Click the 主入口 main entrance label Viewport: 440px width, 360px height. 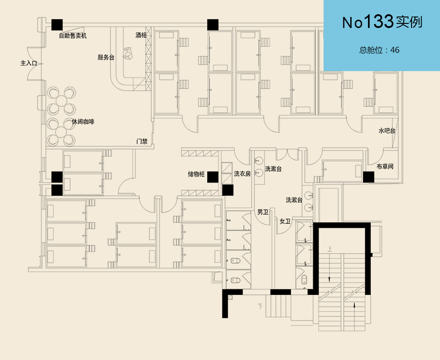pyautogui.click(x=28, y=63)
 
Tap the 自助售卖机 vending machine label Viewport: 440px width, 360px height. pyautogui.click(x=73, y=35)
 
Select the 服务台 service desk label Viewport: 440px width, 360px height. pyautogui.click(x=106, y=57)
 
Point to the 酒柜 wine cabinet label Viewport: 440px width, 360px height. pyautogui.click(x=141, y=35)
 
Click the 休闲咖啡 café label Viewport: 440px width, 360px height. pyautogui.click(x=83, y=122)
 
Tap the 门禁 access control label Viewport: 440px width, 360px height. pyautogui.click(x=142, y=141)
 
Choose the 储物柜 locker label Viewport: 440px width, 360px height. pyautogui.click(x=196, y=174)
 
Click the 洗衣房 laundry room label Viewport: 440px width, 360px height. pyautogui.click(x=242, y=174)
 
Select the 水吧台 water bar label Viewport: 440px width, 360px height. pyautogui.click(x=387, y=131)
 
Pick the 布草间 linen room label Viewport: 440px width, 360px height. pyautogui.click(x=385, y=166)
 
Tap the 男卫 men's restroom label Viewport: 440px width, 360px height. pyautogui.click(x=263, y=212)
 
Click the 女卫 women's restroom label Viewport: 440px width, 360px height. pyautogui.click(x=285, y=222)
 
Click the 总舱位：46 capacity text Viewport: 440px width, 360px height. pyautogui.click(x=379, y=50)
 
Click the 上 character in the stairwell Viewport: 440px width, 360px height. pyautogui.click(x=330, y=249)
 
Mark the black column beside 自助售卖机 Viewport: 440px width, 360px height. pyautogui.click(x=57, y=25)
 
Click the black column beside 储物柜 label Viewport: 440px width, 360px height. pyautogui.click(x=212, y=177)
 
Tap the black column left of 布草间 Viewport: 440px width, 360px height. pyautogui.click(x=368, y=177)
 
